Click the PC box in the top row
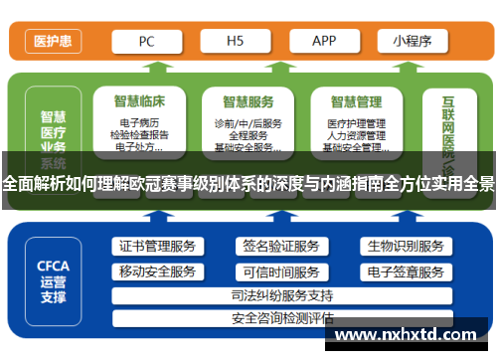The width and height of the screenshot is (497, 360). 145,41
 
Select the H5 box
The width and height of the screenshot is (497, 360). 236,41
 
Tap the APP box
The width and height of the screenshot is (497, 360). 324,41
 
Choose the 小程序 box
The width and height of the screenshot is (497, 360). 411,41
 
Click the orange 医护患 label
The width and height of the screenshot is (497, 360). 52,41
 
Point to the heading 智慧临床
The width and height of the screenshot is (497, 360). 139,101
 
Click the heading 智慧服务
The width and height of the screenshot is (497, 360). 248,101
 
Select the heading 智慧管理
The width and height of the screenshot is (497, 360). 356,101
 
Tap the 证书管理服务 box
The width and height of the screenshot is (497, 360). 157,247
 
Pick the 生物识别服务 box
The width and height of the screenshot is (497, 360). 405,247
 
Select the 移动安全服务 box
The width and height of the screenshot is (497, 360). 157,271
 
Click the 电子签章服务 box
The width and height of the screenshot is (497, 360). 405,271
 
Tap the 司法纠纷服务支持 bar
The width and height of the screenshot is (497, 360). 281,295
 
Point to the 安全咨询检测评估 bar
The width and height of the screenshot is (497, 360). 281,319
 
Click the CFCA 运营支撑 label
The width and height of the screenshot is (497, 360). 53,281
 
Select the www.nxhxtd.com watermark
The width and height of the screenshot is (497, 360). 404,336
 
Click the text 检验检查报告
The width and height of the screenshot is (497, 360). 139,135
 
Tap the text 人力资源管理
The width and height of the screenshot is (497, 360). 356,135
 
